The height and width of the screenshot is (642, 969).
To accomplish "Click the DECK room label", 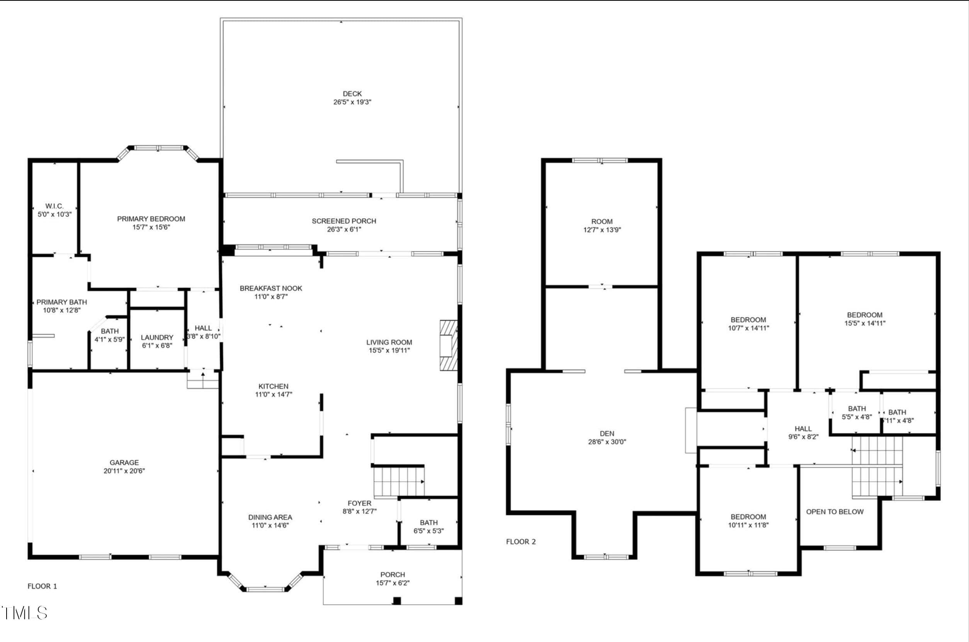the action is coord(352,94).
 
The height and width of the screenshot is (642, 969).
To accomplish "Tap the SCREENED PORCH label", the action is coord(344,221).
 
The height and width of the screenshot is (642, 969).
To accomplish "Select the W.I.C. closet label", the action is coord(54,206).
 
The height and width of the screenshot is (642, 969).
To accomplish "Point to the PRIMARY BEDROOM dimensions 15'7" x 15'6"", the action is coord(151,227).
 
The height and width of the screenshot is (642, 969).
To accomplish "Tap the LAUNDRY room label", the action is coord(157,337).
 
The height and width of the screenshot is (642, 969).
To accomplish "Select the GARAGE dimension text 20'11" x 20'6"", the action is coord(124,471).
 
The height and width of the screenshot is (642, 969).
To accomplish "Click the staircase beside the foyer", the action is coord(399,482).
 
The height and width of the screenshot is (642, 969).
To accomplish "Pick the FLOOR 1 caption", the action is coord(42,586).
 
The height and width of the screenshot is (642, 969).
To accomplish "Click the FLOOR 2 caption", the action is coord(521,542).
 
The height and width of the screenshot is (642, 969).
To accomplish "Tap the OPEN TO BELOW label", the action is coord(835,512).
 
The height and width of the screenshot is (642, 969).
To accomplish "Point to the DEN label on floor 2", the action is coord(607,434).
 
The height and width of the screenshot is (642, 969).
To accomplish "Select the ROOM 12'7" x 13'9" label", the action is coord(602,226).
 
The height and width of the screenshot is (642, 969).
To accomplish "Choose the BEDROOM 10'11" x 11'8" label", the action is coord(748,521).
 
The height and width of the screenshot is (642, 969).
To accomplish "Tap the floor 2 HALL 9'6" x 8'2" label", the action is coord(803,433).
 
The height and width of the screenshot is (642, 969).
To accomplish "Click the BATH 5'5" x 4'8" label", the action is coord(857,413).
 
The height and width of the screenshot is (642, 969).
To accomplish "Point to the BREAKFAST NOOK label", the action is coord(271,288).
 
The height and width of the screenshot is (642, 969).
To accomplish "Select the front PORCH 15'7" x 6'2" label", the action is coord(393,579).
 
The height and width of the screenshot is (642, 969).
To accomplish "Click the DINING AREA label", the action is coord(270,517).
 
